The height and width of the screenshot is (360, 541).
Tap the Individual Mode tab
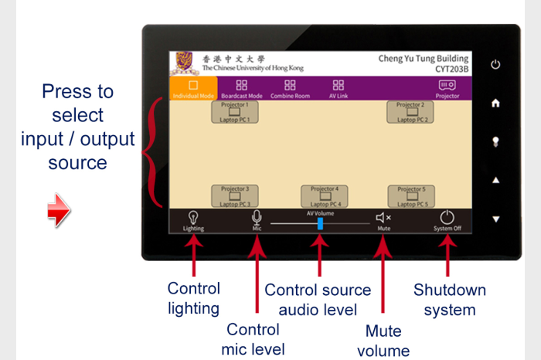click(193, 88)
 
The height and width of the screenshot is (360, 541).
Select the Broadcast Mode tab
click(242, 88)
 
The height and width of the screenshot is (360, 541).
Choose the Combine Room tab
click(290, 88)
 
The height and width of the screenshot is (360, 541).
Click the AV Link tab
click(338, 88)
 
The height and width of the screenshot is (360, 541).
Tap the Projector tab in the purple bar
click(447, 88)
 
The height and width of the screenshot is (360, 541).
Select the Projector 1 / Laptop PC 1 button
click(234, 113)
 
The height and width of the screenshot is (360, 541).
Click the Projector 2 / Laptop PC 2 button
click(410, 113)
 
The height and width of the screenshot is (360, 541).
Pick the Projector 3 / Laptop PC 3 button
click(234, 196)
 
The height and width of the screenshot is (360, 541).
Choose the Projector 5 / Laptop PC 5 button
click(410, 196)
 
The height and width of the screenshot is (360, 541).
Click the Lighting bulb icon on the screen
click(193, 218)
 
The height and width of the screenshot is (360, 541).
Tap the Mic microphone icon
click(257, 218)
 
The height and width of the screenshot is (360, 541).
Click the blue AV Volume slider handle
click(320, 223)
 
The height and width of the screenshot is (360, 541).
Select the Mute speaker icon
click(383, 219)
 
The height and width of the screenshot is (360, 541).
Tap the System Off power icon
click(447, 218)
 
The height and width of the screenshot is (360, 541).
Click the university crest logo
click(184, 63)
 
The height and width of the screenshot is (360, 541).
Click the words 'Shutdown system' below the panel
click(450, 300)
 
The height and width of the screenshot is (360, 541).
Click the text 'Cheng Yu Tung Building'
click(424, 58)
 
